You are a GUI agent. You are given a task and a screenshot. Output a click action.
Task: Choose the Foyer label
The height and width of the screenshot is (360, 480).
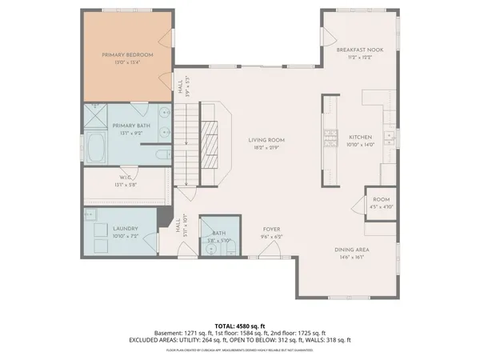pos(272,230)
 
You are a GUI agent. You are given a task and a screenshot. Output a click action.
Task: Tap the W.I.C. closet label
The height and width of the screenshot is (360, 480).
pos(126,178)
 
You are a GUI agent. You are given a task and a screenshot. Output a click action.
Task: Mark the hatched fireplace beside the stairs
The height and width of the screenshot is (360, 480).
pos(212,139)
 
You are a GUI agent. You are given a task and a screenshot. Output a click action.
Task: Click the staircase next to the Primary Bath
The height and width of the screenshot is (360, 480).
pos(186,147)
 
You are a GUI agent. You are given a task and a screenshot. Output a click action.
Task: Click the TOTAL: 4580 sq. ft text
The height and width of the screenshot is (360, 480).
pos(240,326)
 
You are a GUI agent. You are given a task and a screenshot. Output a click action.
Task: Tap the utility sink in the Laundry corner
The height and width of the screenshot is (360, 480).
pos(91,214)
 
